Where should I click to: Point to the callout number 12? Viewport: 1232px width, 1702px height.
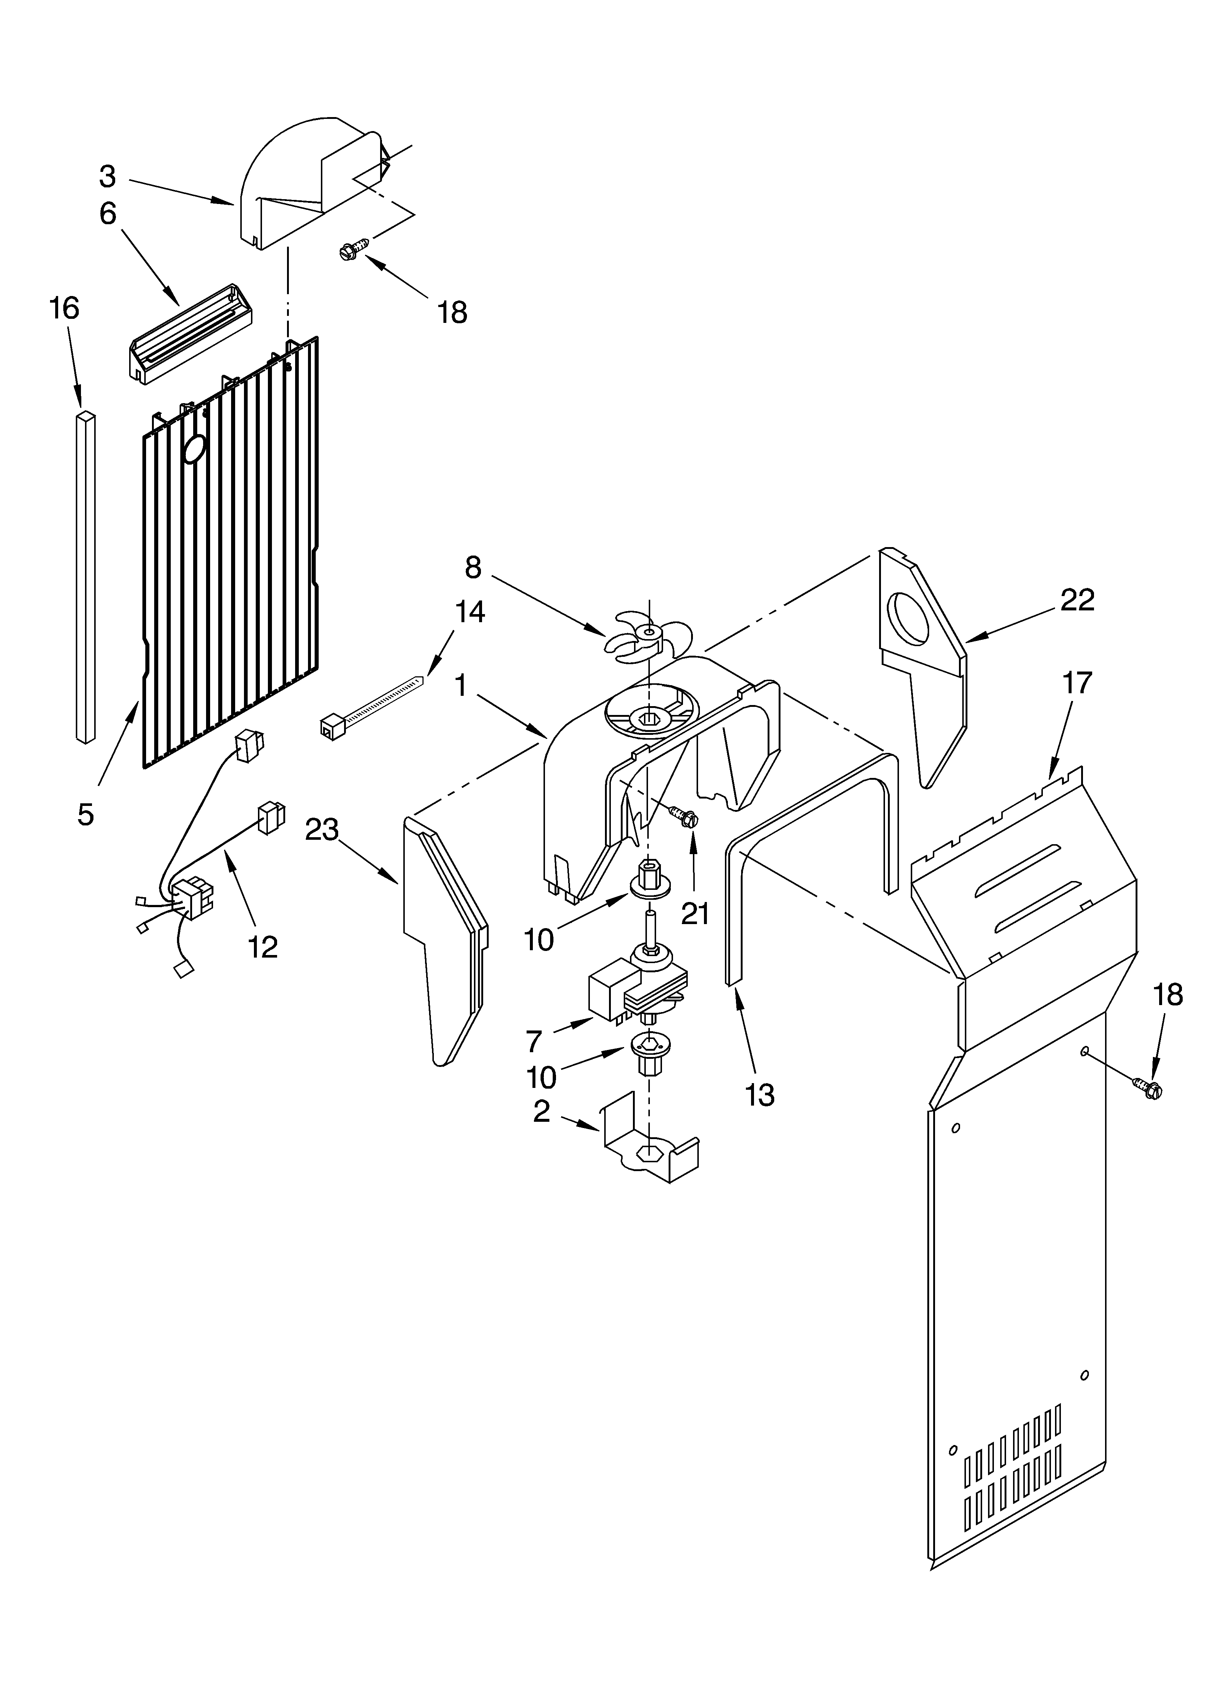263,947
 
